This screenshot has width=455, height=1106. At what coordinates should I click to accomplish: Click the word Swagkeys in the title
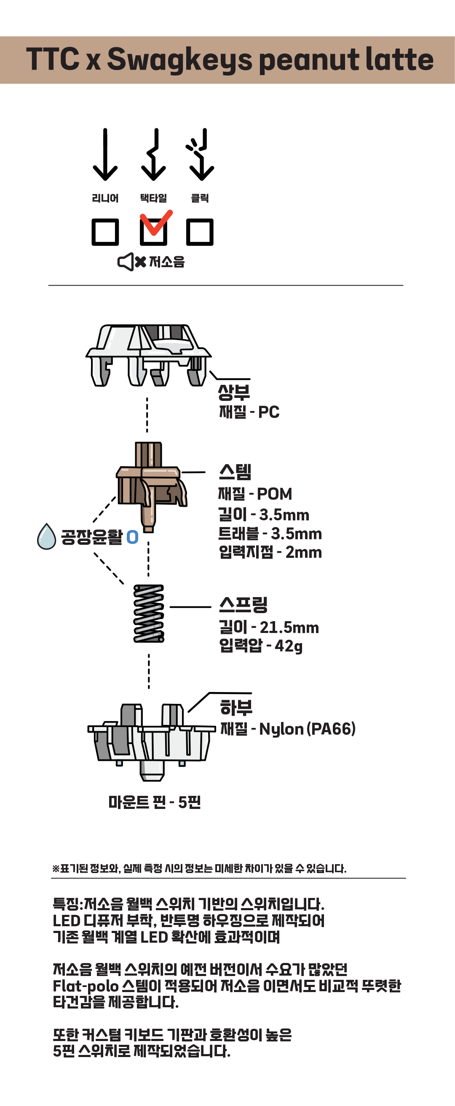180,60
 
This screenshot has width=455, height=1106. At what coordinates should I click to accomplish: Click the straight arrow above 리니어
105,154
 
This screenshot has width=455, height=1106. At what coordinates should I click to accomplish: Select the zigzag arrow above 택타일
153,154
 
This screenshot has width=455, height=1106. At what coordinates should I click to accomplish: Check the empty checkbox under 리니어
105,232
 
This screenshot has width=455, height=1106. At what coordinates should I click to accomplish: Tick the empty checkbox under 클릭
200,232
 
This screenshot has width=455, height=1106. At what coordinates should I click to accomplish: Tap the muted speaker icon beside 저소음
132,262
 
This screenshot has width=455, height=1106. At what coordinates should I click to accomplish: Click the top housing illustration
148,355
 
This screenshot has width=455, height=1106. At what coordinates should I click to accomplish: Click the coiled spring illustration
149,614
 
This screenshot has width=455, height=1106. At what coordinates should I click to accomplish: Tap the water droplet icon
46,537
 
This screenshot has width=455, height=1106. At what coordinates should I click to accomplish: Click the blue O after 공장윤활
133,537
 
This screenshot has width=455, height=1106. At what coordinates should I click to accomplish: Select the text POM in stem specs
274,494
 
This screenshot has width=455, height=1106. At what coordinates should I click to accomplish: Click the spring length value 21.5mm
289,628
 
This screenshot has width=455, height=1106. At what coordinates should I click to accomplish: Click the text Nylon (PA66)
308,729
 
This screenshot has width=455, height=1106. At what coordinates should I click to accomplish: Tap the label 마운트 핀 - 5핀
154,802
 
